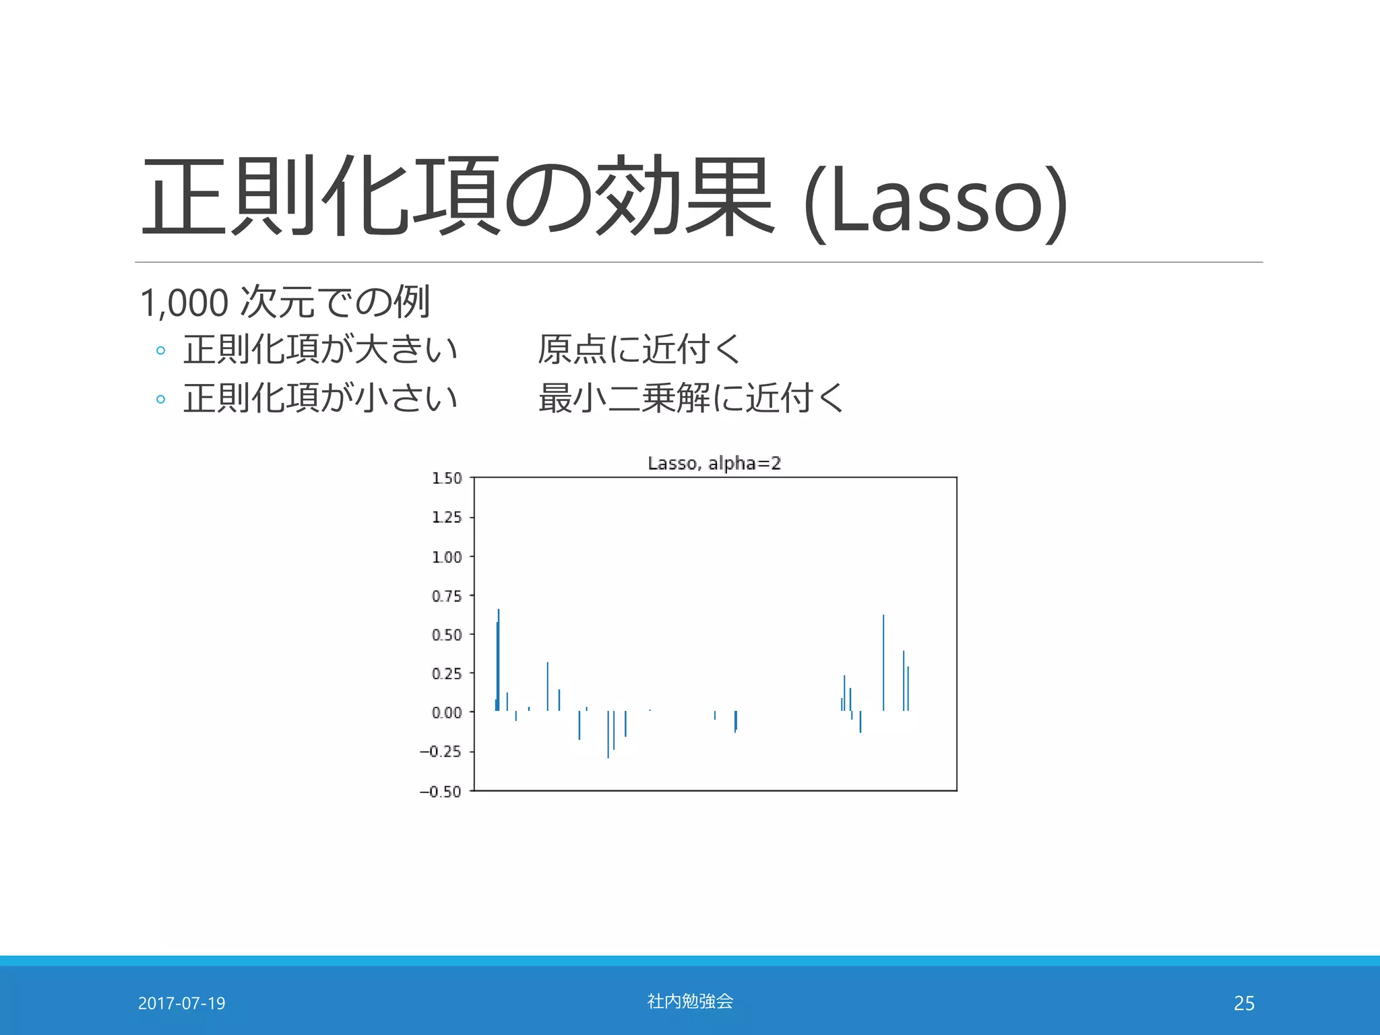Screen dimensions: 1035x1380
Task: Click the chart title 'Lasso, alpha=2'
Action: (x=714, y=463)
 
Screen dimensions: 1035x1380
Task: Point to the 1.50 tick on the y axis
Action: (x=447, y=478)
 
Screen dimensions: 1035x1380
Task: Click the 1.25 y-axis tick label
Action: (x=447, y=517)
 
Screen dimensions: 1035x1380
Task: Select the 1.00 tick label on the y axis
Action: (x=447, y=557)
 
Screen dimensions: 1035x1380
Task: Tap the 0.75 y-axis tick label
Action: (x=447, y=596)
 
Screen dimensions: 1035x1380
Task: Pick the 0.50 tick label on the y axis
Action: (x=447, y=635)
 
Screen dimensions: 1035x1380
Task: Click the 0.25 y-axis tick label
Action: (x=447, y=674)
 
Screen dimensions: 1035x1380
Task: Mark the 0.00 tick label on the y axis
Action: (x=447, y=713)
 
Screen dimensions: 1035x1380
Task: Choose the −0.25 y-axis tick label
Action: (x=441, y=752)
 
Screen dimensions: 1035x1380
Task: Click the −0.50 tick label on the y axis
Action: (x=441, y=792)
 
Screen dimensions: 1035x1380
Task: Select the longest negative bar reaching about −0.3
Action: (x=608, y=734)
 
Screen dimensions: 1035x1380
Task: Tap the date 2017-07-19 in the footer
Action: (x=181, y=1003)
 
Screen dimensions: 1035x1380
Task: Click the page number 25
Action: (x=1244, y=1003)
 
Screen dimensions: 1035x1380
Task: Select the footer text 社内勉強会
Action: (x=690, y=1001)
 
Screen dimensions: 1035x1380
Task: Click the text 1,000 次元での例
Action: (x=284, y=302)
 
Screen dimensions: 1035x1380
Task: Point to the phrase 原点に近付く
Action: (x=639, y=349)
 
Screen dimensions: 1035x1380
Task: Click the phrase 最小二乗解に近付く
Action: (x=691, y=398)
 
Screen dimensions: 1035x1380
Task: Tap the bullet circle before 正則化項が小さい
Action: (x=160, y=399)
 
